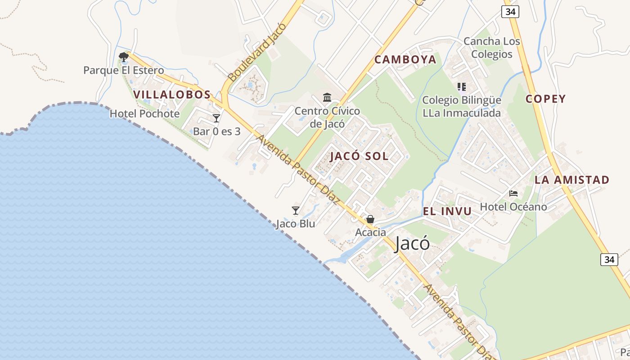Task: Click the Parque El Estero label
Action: coord(123,71)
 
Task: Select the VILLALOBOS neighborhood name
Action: coord(172,94)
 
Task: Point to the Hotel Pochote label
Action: coord(144,114)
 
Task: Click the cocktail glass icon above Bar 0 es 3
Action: coord(216,118)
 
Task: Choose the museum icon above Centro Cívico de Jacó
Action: coord(327,98)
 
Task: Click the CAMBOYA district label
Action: coord(405,59)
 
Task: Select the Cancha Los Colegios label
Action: coord(491,48)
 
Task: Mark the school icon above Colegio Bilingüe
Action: coord(461,86)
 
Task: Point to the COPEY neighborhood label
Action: coord(545,99)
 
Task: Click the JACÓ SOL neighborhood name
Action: coord(359,157)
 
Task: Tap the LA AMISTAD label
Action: coord(571,180)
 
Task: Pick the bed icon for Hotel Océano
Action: coord(513,194)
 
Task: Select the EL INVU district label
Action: coord(447,211)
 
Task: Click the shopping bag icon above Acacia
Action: coord(370,220)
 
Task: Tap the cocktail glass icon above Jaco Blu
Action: coord(296,211)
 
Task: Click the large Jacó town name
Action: coord(412,244)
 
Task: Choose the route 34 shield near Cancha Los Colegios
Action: coord(510,12)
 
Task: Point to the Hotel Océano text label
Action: coord(513,207)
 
